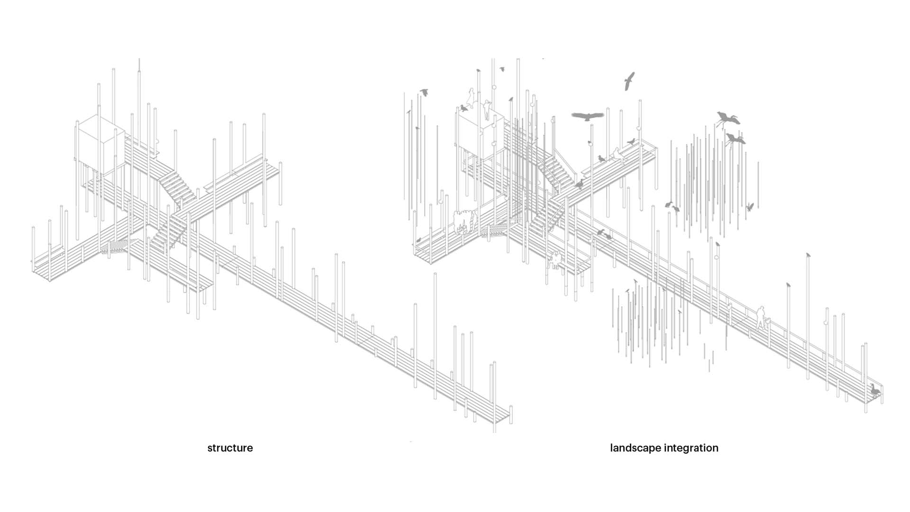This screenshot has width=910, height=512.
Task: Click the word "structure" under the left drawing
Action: pyautogui.click(x=230, y=448)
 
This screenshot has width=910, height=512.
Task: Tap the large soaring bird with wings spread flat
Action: pyautogui.click(x=588, y=116)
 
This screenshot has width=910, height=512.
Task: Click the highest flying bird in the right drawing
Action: pyautogui.click(x=629, y=81)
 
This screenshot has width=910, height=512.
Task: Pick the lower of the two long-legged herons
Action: pyautogui.click(x=735, y=139)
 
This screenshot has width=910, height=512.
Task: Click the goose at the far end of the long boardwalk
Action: pyautogui.click(x=874, y=390)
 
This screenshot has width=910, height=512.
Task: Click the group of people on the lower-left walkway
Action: pyautogui.click(x=464, y=222)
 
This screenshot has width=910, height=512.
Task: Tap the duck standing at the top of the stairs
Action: pyautogui.click(x=579, y=183)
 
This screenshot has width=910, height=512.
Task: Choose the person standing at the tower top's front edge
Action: pyautogui.click(x=487, y=110)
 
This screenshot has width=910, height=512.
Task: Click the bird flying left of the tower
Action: pyautogui.click(x=424, y=92)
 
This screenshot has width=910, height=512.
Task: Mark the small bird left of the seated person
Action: pyautogui.click(x=601, y=158)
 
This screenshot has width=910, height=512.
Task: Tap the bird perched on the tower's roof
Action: pyautogui.click(x=464, y=108)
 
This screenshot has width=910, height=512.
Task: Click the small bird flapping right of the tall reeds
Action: pyautogui.click(x=750, y=207)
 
